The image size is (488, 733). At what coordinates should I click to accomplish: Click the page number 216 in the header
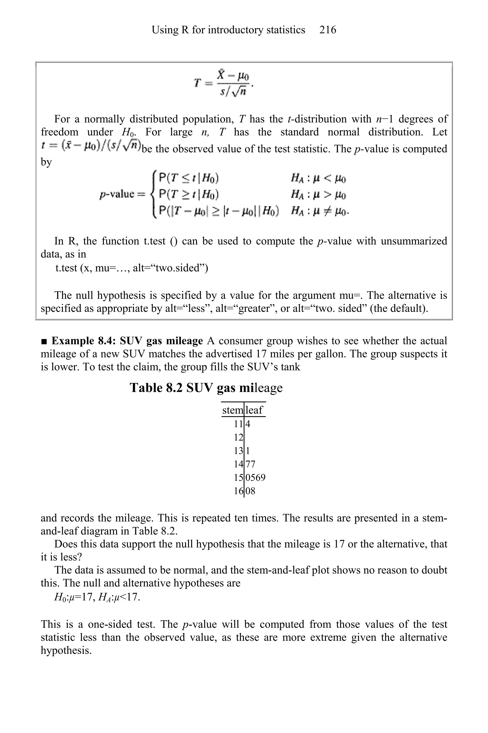(327, 30)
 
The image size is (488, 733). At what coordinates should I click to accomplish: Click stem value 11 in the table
(238, 424)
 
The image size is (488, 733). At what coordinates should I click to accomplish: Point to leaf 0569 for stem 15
(255, 477)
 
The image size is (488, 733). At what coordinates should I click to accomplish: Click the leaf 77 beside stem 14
(250, 464)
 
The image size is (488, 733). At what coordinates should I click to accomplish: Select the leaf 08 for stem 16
(250, 491)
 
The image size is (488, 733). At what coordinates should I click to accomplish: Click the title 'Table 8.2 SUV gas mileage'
(206, 388)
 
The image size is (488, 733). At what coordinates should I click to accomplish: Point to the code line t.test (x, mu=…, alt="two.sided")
(132, 268)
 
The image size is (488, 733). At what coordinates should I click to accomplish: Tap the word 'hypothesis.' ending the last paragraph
(66, 650)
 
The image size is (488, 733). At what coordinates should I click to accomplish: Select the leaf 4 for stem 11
(248, 424)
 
